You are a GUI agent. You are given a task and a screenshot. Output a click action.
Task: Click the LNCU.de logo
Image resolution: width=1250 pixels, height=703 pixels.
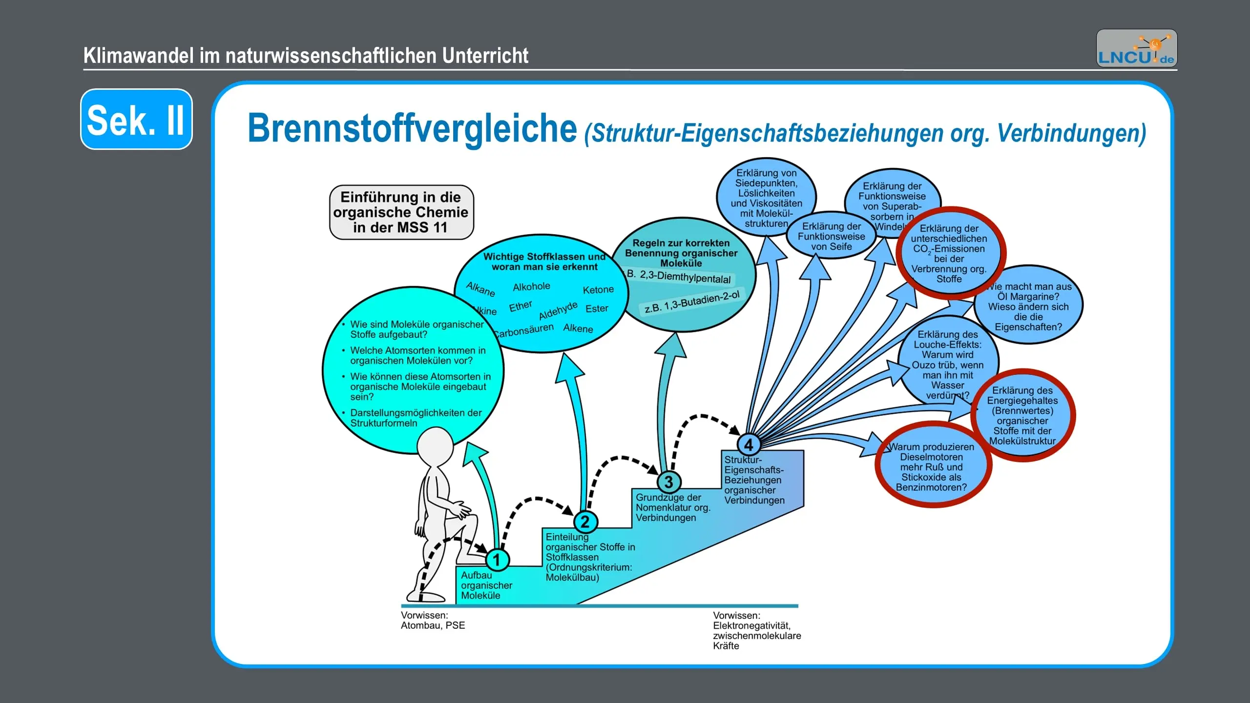1136,48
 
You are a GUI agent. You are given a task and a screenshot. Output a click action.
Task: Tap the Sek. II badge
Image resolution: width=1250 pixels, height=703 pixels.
136,119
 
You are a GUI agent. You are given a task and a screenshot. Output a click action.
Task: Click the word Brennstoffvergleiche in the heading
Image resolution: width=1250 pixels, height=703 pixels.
412,129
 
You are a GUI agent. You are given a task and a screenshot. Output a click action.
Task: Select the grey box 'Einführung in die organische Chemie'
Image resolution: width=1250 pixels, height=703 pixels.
401,212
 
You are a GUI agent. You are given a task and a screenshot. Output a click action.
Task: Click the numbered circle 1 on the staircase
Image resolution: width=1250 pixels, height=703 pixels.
497,560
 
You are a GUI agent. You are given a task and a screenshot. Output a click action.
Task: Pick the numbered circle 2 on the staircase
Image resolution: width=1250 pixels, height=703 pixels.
585,522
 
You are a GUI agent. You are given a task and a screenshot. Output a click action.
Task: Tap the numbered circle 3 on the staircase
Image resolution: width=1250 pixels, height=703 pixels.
668,482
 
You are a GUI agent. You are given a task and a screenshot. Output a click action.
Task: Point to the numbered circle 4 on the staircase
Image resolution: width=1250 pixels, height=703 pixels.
749,445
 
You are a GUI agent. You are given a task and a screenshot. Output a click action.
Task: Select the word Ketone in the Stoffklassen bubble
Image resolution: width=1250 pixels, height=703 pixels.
598,290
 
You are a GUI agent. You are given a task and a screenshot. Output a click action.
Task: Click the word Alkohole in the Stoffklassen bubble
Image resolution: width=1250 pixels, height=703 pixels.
531,287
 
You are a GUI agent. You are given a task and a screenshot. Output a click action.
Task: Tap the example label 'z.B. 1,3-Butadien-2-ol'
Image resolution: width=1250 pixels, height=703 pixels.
691,302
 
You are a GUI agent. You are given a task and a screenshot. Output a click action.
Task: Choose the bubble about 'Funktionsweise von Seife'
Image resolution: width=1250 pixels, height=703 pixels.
831,237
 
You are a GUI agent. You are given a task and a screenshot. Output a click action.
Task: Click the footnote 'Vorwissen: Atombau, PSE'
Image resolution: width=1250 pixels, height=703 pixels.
433,620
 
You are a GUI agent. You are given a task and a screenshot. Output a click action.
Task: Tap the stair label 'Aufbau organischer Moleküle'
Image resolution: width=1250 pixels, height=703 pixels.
486,585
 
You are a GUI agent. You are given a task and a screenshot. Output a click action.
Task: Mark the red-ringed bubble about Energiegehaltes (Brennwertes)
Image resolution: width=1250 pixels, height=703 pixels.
1022,415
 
